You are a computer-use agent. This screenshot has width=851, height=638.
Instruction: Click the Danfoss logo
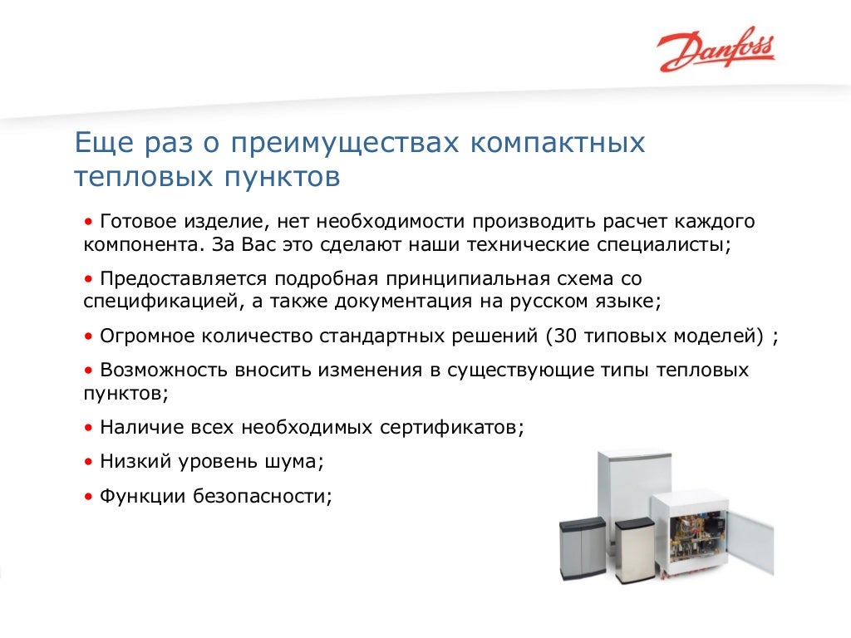(x=716, y=52)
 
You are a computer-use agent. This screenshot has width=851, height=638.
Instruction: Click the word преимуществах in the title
(x=345, y=143)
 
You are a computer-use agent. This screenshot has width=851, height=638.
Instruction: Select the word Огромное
(x=146, y=336)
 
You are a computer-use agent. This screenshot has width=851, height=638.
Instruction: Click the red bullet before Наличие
(x=89, y=428)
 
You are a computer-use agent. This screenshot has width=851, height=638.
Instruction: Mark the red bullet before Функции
(x=89, y=497)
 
